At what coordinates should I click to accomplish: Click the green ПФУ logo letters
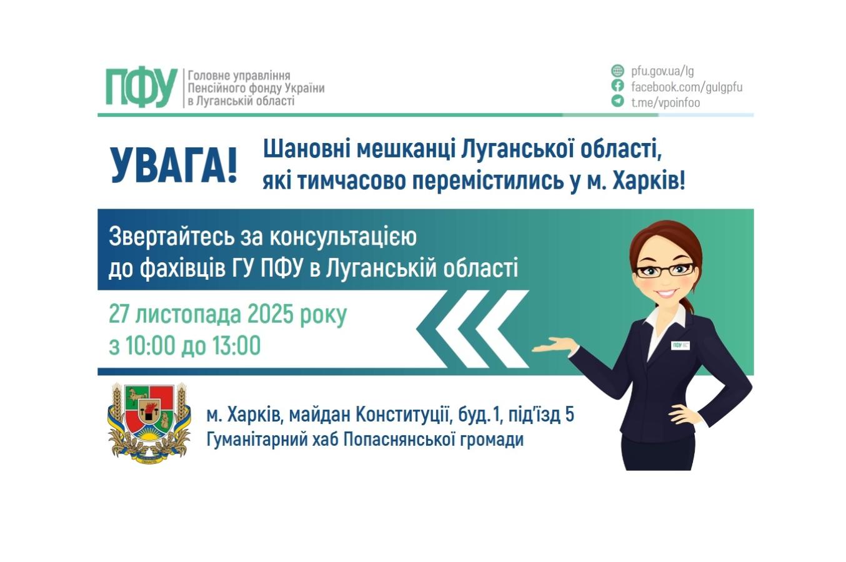(x=141, y=87)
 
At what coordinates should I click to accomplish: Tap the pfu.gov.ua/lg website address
(x=662, y=71)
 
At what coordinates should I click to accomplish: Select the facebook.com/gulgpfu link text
(x=686, y=87)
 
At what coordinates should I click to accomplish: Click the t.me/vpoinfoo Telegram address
(x=665, y=102)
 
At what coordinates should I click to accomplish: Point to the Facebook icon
(x=617, y=86)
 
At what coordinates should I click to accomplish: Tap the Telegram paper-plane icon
(x=617, y=101)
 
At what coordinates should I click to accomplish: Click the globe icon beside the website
(x=617, y=71)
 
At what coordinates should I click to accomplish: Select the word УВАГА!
(x=174, y=166)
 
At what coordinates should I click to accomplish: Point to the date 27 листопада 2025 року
(x=227, y=315)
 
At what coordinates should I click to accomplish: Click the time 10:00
(x=149, y=346)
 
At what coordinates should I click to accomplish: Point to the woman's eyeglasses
(x=665, y=270)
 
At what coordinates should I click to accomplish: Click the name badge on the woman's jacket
(x=680, y=345)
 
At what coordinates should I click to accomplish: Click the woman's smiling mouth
(x=666, y=292)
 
